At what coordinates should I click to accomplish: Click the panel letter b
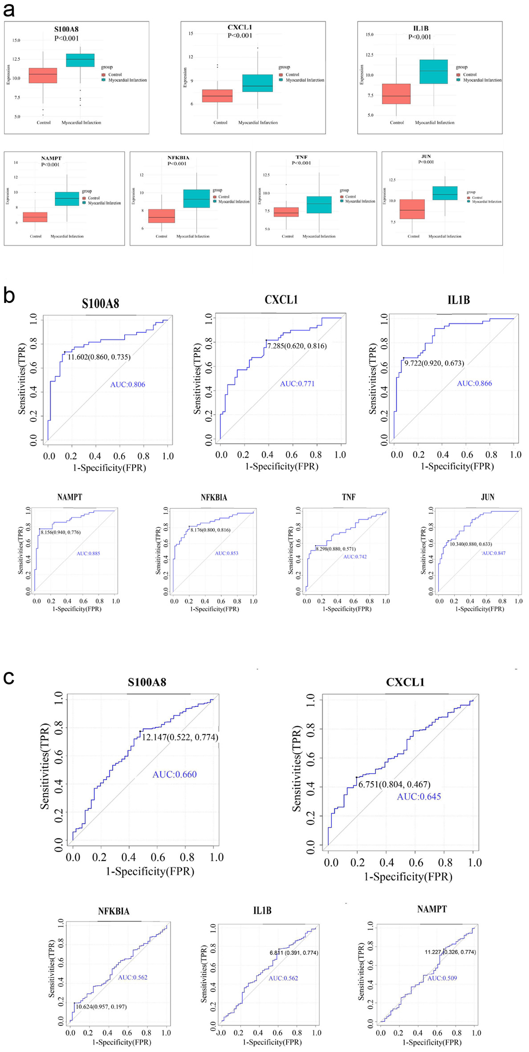click(9, 295)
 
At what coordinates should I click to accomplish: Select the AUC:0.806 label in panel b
click(128, 384)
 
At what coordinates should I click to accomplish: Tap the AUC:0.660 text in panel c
click(175, 775)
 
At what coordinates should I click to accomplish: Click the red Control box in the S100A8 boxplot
click(43, 76)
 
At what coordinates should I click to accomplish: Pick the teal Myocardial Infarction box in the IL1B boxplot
click(433, 72)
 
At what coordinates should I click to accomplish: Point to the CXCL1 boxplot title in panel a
click(240, 27)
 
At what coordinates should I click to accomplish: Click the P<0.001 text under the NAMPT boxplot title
click(50, 164)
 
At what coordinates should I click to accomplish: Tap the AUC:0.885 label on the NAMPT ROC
click(88, 554)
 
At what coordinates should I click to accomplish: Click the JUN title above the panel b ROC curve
click(488, 497)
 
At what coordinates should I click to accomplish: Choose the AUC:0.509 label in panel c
click(442, 978)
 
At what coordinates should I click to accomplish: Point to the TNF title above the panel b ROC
click(349, 497)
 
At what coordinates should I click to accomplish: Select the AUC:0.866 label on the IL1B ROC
click(475, 383)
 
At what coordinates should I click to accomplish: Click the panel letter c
click(8, 678)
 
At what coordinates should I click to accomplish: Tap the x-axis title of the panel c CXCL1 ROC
click(408, 877)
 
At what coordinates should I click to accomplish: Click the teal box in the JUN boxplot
click(445, 193)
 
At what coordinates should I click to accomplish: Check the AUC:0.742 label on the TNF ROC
click(355, 557)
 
